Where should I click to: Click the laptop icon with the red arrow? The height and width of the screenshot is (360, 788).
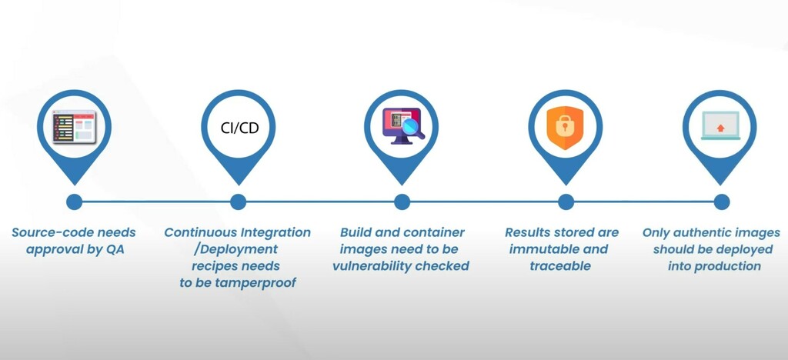pyautogui.click(x=720, y=126)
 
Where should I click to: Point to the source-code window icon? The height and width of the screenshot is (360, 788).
pyautogui.click(x=74, y=126)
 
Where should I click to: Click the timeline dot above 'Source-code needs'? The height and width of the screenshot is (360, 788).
pyautogui.click(x=74, y=202)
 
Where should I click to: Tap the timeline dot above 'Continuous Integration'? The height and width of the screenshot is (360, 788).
pyautogui.click(x=238, y=202)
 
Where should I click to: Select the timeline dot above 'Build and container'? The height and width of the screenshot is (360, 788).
pyautogui.click(x=402, y=202)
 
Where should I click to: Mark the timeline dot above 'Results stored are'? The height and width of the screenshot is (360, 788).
pyautogui.click(x=566, y=202)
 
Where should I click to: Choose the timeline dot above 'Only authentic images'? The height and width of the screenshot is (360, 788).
pyautogui.click(x=721, y=202)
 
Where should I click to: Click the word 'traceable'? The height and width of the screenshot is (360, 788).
pyautogui.click(x=560, y=266)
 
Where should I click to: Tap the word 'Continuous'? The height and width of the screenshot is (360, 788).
pyautogui.click(x=202, y=232)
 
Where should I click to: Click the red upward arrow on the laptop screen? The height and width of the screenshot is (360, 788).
pyautogui.click(x=720, y=128)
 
